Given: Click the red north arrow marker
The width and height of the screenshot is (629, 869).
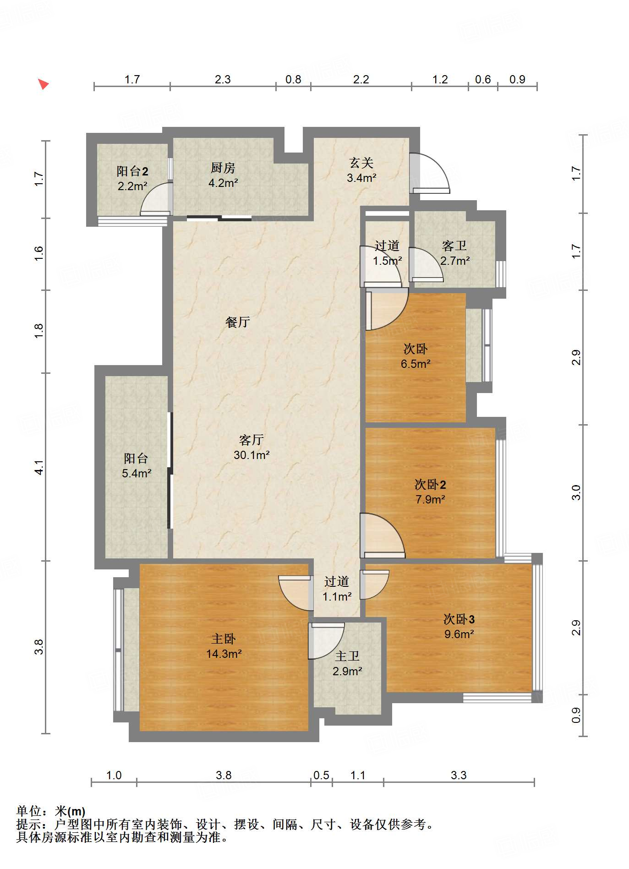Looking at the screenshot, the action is click(43, 84).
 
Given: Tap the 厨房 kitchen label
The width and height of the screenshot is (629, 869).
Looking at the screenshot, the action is click(223, 168).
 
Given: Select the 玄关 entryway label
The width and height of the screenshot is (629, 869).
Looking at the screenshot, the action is click(361, 163).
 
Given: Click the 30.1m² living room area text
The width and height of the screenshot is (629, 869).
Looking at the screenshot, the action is click(252, 455).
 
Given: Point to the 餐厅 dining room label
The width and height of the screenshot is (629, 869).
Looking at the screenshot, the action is click(238, 322).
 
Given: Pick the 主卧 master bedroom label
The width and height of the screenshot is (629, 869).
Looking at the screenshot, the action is click(224, 639).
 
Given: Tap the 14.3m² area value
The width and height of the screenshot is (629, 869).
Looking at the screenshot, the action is click(224, 654).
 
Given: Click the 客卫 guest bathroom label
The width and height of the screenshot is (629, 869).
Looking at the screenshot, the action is click(454, 246).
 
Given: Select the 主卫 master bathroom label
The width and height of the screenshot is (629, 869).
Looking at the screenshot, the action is click(347, 656).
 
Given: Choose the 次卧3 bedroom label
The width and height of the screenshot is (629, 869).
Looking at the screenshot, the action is click(459, 619).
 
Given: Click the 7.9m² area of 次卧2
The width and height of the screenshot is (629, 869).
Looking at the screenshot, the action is click(430, 499).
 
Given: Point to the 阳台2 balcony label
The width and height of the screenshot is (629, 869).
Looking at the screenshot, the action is click(132, 171).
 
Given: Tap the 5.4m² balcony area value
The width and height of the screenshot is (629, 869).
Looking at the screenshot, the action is click(137, 473).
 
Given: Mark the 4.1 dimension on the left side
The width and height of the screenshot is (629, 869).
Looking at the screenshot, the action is click(39, 467).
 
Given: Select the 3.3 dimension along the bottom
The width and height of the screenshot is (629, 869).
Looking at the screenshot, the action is click(459, 775).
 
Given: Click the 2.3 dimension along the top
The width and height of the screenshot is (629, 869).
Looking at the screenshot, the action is click(223, 79).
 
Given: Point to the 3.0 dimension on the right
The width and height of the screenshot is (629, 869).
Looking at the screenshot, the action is click(576, 493).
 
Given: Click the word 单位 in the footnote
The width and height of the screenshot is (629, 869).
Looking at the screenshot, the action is click(29, 811).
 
